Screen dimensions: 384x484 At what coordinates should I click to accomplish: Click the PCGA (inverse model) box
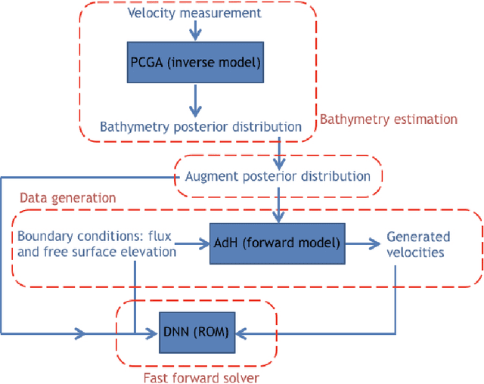(197, 63)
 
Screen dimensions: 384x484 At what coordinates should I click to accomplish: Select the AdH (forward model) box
(277, 243)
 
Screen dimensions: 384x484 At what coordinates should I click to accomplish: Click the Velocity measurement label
(195, 14)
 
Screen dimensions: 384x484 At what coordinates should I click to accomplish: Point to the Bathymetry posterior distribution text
(201, 126)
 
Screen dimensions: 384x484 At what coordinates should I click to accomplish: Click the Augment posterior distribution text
(278, 176)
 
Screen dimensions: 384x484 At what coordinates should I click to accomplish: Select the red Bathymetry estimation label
(389, 119)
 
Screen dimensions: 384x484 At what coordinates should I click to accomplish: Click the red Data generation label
(67, 197)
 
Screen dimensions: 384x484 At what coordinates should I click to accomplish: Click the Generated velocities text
(417, 243)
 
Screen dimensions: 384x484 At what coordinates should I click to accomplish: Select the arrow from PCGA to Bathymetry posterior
(197, 98)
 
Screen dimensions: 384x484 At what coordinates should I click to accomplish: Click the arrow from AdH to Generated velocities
(361, 243)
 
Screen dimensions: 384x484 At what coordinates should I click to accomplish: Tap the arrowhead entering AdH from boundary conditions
(204, 243)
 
